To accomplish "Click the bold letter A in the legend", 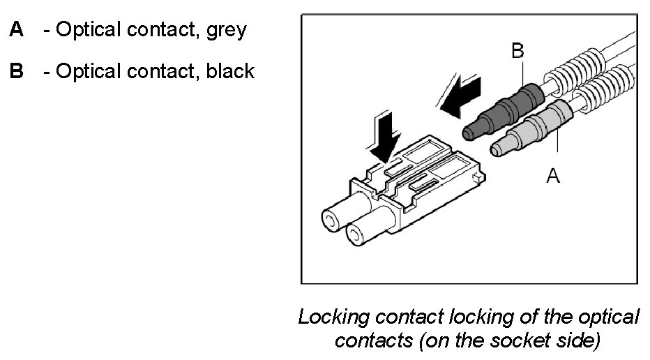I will (15, 31).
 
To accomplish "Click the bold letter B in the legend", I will (15, 71).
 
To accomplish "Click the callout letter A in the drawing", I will (552, 177).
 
